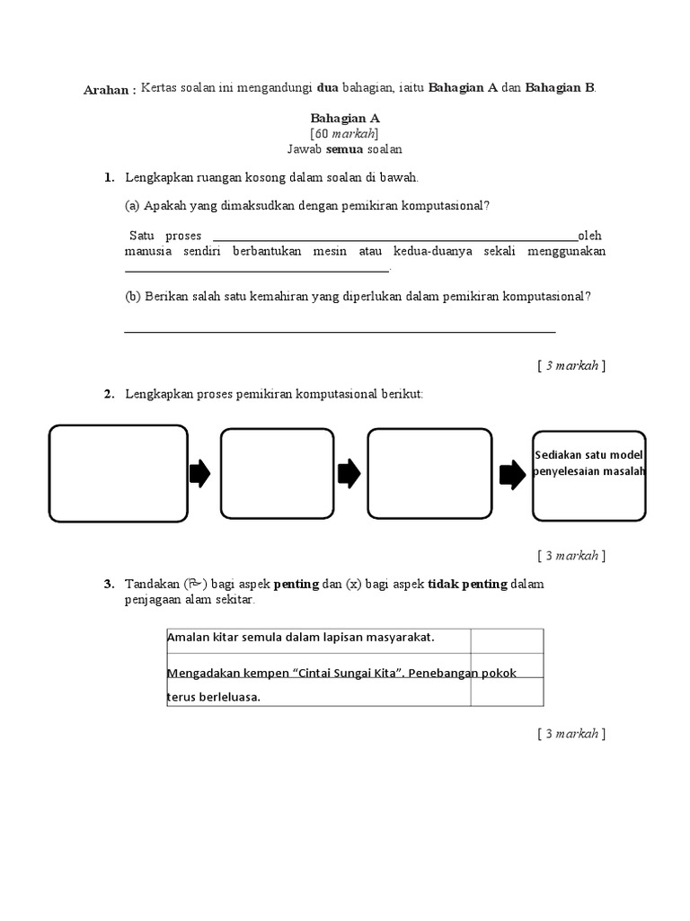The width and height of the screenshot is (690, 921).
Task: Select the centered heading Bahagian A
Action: point(345,118)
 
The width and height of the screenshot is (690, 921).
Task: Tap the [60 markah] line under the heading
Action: point(345,133)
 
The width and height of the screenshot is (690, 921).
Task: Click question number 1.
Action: point(109,178)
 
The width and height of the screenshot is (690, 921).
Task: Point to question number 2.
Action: point(109,394)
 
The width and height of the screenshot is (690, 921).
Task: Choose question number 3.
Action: point(109,585)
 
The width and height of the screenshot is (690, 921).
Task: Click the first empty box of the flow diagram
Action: point(119,474)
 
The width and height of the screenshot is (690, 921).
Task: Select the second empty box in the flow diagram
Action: point(264,474)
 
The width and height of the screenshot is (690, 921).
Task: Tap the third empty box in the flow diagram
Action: point(429,474)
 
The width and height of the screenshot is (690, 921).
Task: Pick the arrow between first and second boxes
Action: point(200,474)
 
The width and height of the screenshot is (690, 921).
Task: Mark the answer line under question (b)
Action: point(340,331)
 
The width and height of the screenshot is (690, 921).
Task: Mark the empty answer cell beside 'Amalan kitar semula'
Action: point(507,639)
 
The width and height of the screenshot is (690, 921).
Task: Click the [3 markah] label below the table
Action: point(571,734)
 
